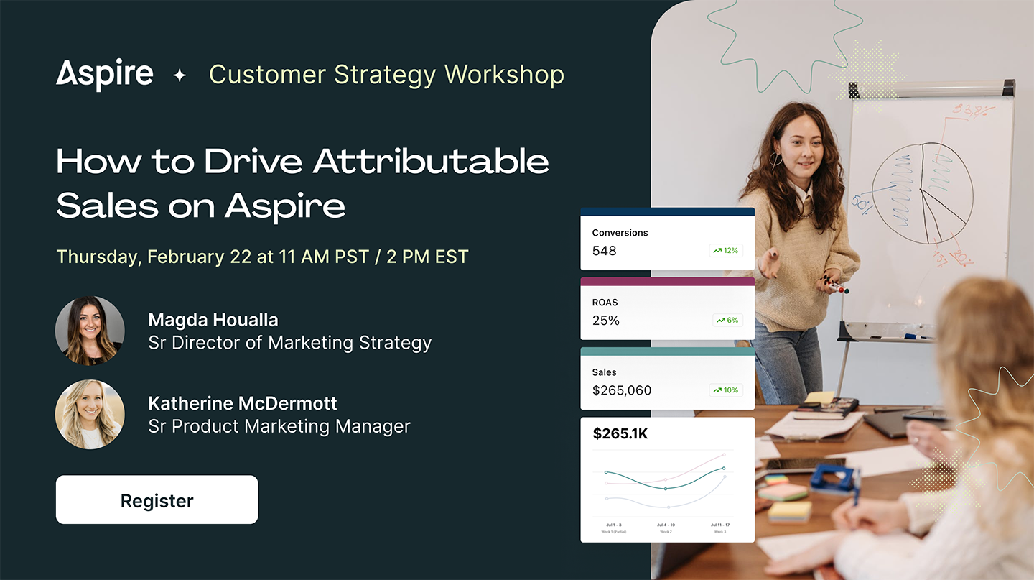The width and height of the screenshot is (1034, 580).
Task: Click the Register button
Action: (157, 500)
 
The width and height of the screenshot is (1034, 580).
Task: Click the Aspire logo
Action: (105, 75)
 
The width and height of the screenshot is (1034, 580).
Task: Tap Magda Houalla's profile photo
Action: (90, 331)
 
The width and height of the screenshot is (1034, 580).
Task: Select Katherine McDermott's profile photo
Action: (90, 415)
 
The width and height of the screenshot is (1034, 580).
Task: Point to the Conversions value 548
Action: (604, 251)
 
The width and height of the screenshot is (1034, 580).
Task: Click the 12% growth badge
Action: (725, 251)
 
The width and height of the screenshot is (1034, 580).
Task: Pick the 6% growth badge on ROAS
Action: (727, 321)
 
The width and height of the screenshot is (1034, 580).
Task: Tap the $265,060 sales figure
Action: (622, 390)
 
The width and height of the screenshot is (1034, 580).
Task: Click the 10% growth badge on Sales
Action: (725, 390)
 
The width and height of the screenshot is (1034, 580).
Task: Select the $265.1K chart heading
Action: (620, 434)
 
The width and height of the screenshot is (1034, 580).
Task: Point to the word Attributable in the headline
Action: (431, 162)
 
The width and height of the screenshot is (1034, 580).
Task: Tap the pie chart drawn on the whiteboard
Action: (922, 193)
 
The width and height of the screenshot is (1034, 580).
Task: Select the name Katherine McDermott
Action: (243, 403)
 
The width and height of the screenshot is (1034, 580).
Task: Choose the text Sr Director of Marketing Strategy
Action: (289, 343)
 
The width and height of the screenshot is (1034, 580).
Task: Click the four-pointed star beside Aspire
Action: (180, 75)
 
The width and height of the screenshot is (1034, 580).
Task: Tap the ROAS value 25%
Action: (605, 321)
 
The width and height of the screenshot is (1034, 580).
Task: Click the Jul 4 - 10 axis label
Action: (666, 525)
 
